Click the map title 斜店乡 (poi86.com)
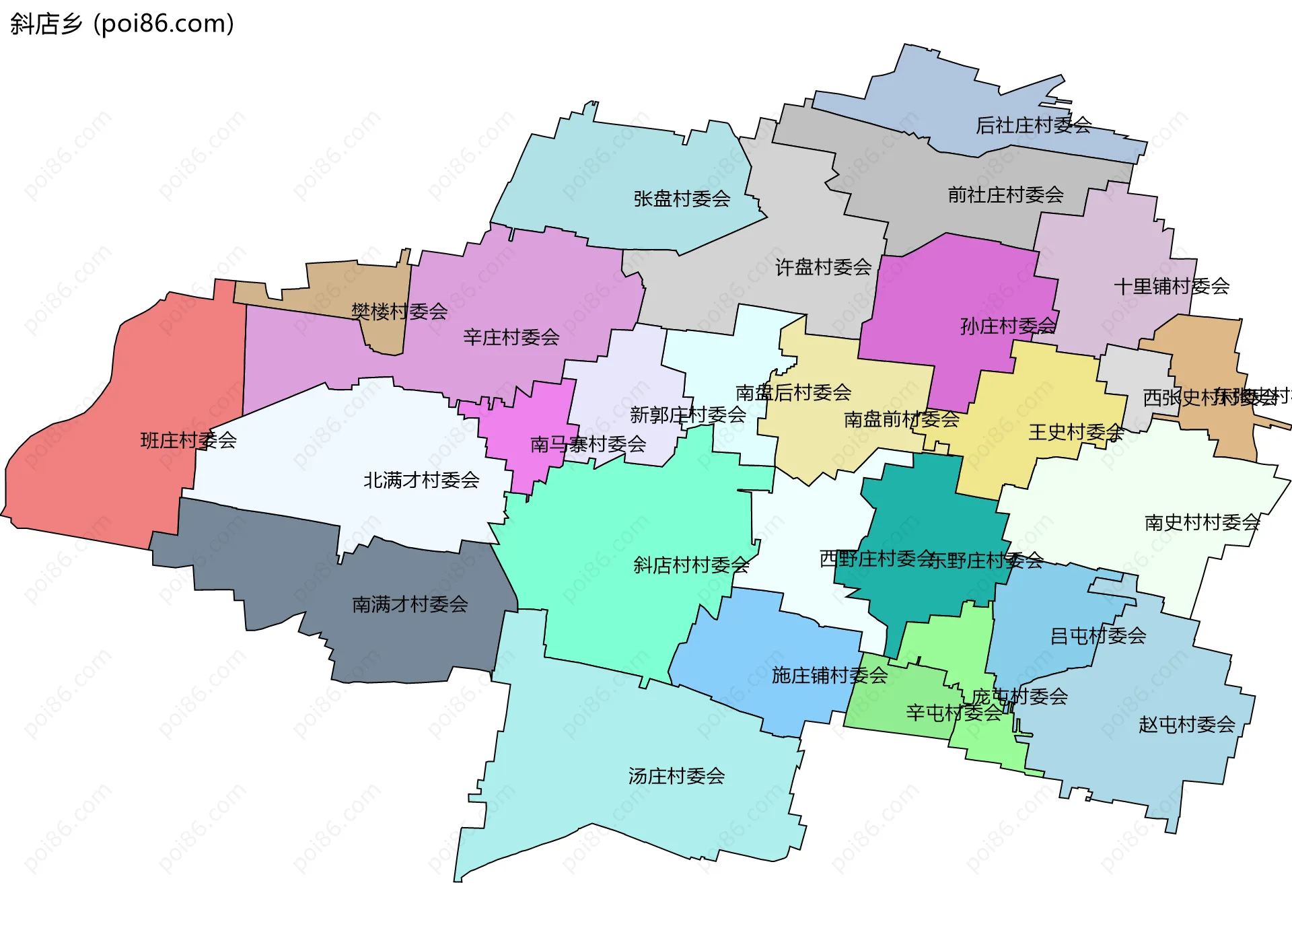[x=122, y=24]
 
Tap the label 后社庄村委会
[x=1033, y=125]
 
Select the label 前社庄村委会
[x=1005, y=195]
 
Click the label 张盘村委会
[x=682, y=199]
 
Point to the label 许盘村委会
[x=823, y=268]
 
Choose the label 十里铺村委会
[x=1172, y=287]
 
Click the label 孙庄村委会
[x=1007, y=326]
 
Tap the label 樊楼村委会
[x=399, y=312]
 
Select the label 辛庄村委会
[x=511, y=338]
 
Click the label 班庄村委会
[x=188, y=441]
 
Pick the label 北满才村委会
[x=421, y=480]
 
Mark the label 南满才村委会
[x=410, y=604]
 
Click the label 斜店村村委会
[x=691, y=565]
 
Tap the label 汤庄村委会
[x=676, y=777]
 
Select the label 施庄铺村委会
[x=829, y=676]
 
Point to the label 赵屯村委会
[x=1186, y=725]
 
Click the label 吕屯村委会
[x=1098, y=636]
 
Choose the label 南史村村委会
[x=1202, y=523]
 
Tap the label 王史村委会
[x=1075, y=433]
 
